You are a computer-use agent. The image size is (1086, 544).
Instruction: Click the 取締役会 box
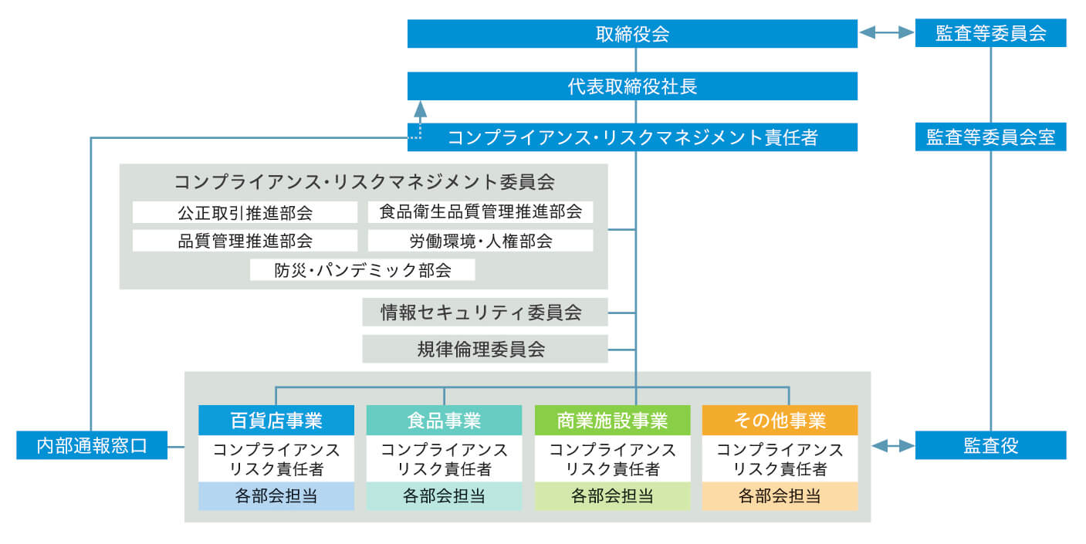pos(632,34)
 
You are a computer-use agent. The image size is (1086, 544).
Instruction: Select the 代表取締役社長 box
pos(632,86)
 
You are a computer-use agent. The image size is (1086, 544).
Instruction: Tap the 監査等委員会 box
pos(990,34)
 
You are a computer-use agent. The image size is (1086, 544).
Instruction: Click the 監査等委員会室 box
pos(990,137)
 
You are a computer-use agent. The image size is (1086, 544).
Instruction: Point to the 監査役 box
pos(990,445)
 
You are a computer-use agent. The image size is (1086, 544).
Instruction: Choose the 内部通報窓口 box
pos(91,445)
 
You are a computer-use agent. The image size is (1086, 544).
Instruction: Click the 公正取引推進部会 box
pos(245,212)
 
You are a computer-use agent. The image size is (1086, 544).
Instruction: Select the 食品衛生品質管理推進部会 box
pos(480,211)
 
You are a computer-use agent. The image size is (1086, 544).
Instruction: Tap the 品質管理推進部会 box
pos(245,241)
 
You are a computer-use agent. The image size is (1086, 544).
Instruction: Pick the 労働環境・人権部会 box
pos(480,241)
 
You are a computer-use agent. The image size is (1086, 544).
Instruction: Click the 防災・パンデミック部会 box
pos(362,270)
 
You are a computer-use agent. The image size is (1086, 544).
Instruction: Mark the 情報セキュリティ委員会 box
pos(485,313)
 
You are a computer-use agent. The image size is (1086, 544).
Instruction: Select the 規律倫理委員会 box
pos(485,349)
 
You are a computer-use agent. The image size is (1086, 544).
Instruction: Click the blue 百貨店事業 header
pos(276,420)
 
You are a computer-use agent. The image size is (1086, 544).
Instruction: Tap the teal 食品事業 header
pos(443,420)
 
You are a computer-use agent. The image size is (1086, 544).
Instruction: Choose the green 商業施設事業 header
pos(611,420)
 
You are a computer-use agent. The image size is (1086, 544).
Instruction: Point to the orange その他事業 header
pos(780,420)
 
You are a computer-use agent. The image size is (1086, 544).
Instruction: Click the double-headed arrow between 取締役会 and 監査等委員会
pos(886,33)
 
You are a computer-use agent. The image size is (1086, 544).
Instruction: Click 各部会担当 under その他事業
pos(780,496)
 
